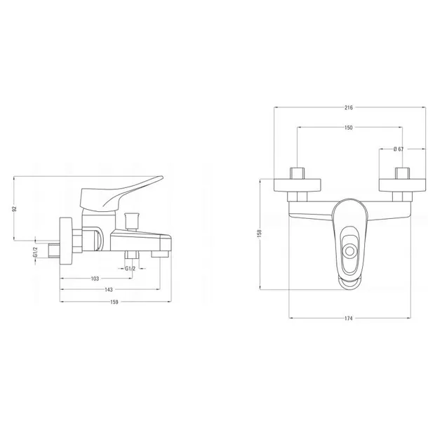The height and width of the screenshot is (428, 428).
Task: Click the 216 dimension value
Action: pyautogui.click(x=349, y=107)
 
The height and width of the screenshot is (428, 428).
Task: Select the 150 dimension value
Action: pyautogui.click(x=349, y=128)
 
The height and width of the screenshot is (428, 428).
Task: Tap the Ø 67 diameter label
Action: pyautogui.click(x=399, y=149)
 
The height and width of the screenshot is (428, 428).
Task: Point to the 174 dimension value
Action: pyautogui.click(x=349, y=319)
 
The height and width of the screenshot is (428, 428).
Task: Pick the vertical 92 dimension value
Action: pyautogui.click(x=15, y=209)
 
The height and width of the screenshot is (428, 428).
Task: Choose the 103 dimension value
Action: pyautogui.click(x=95, y=279)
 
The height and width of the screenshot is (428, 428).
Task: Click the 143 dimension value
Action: pyautogui.click(x=109, y=290)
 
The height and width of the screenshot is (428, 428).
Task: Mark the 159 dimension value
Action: pyautogui.click(x=114, y=302)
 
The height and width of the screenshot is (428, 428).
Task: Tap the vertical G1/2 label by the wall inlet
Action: pyautogui.click(x=35, y=252)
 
